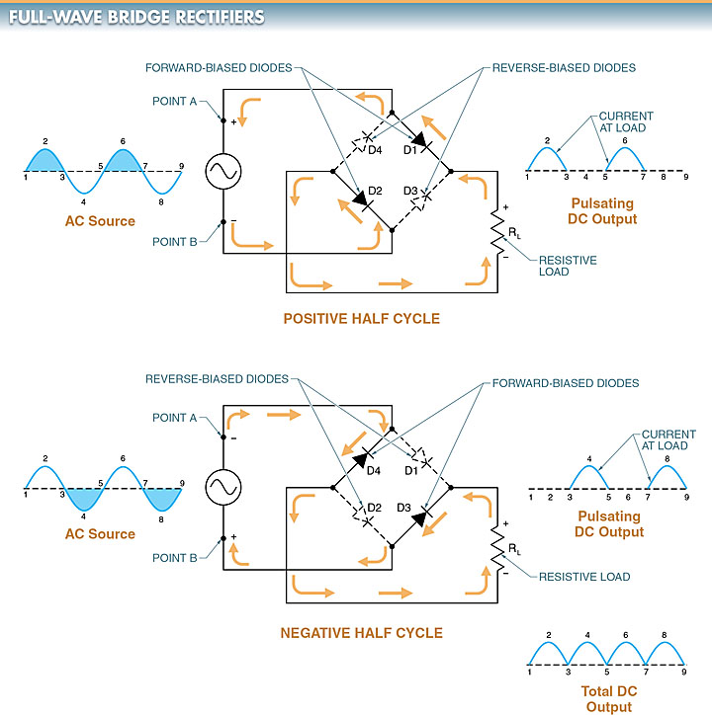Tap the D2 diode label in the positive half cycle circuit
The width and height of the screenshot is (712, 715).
coord(375,190)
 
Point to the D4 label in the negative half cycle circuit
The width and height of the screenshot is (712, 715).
coord(374,471)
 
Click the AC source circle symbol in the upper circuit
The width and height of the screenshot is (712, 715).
coord(222,172)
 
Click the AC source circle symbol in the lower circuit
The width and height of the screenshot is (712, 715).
coord(222,486)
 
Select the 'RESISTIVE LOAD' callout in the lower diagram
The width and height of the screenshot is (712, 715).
coord(584,577)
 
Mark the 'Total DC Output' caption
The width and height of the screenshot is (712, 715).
coord(608,699)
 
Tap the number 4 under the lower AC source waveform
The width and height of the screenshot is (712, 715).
coord(83,516)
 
